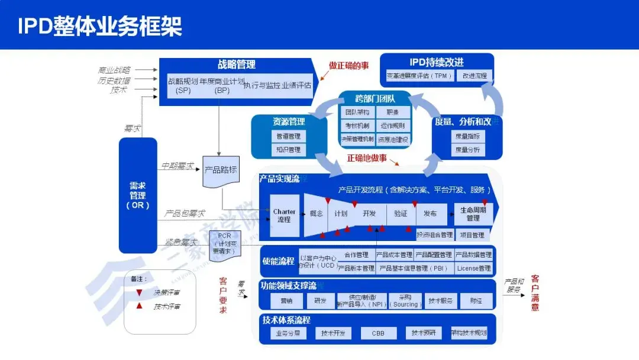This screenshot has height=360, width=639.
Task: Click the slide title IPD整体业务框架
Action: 99,26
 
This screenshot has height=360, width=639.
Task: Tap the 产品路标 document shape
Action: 220,170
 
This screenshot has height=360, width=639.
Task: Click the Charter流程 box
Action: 284,216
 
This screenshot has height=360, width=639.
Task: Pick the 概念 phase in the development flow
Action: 315,214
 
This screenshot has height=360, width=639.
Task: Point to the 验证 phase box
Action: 401,214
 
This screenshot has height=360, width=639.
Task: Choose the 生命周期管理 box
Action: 473,214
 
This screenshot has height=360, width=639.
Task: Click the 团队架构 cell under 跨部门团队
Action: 357,112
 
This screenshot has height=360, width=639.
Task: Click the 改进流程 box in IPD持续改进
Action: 475,76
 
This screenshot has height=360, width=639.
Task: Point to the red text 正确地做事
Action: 367,158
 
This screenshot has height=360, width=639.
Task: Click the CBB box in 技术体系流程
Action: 378,333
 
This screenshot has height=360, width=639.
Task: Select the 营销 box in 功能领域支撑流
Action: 282,301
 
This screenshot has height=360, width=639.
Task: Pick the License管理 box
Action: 474,268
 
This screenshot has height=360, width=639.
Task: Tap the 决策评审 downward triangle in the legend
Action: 138,292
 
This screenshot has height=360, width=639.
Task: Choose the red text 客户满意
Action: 535,292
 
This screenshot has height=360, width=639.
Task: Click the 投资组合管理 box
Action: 434,235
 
